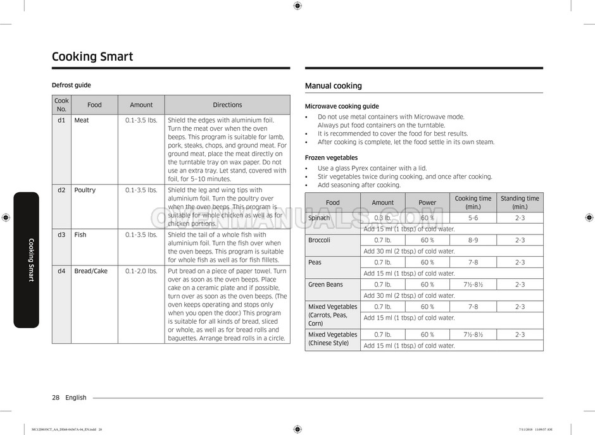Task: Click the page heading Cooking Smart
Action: tap(92, 57)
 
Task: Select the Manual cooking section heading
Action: tap(334, 86)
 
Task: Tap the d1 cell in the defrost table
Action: tap(61, 120)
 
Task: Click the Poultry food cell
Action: tap(85, 190)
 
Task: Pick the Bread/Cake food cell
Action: tap(91, 271)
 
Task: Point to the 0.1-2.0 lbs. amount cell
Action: tap(141, 271)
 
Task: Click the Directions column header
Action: tap(227, 105)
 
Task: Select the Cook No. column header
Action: tap(61, 105)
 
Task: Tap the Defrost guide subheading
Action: tap(71, 85)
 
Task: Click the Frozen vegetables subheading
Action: tap(331, 157)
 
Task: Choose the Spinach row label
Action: tap(319, 218)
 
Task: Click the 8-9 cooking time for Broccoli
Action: tap(473, 240)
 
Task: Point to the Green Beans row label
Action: tap(325, 285)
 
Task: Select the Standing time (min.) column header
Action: tap(520, 202)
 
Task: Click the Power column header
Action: tap(427, 202)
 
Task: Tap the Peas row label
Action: tap(315, 262)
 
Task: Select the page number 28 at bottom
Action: tap(56, 398)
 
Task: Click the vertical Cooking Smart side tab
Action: tap(30, 260)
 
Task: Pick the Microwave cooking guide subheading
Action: tap(342, 106)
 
